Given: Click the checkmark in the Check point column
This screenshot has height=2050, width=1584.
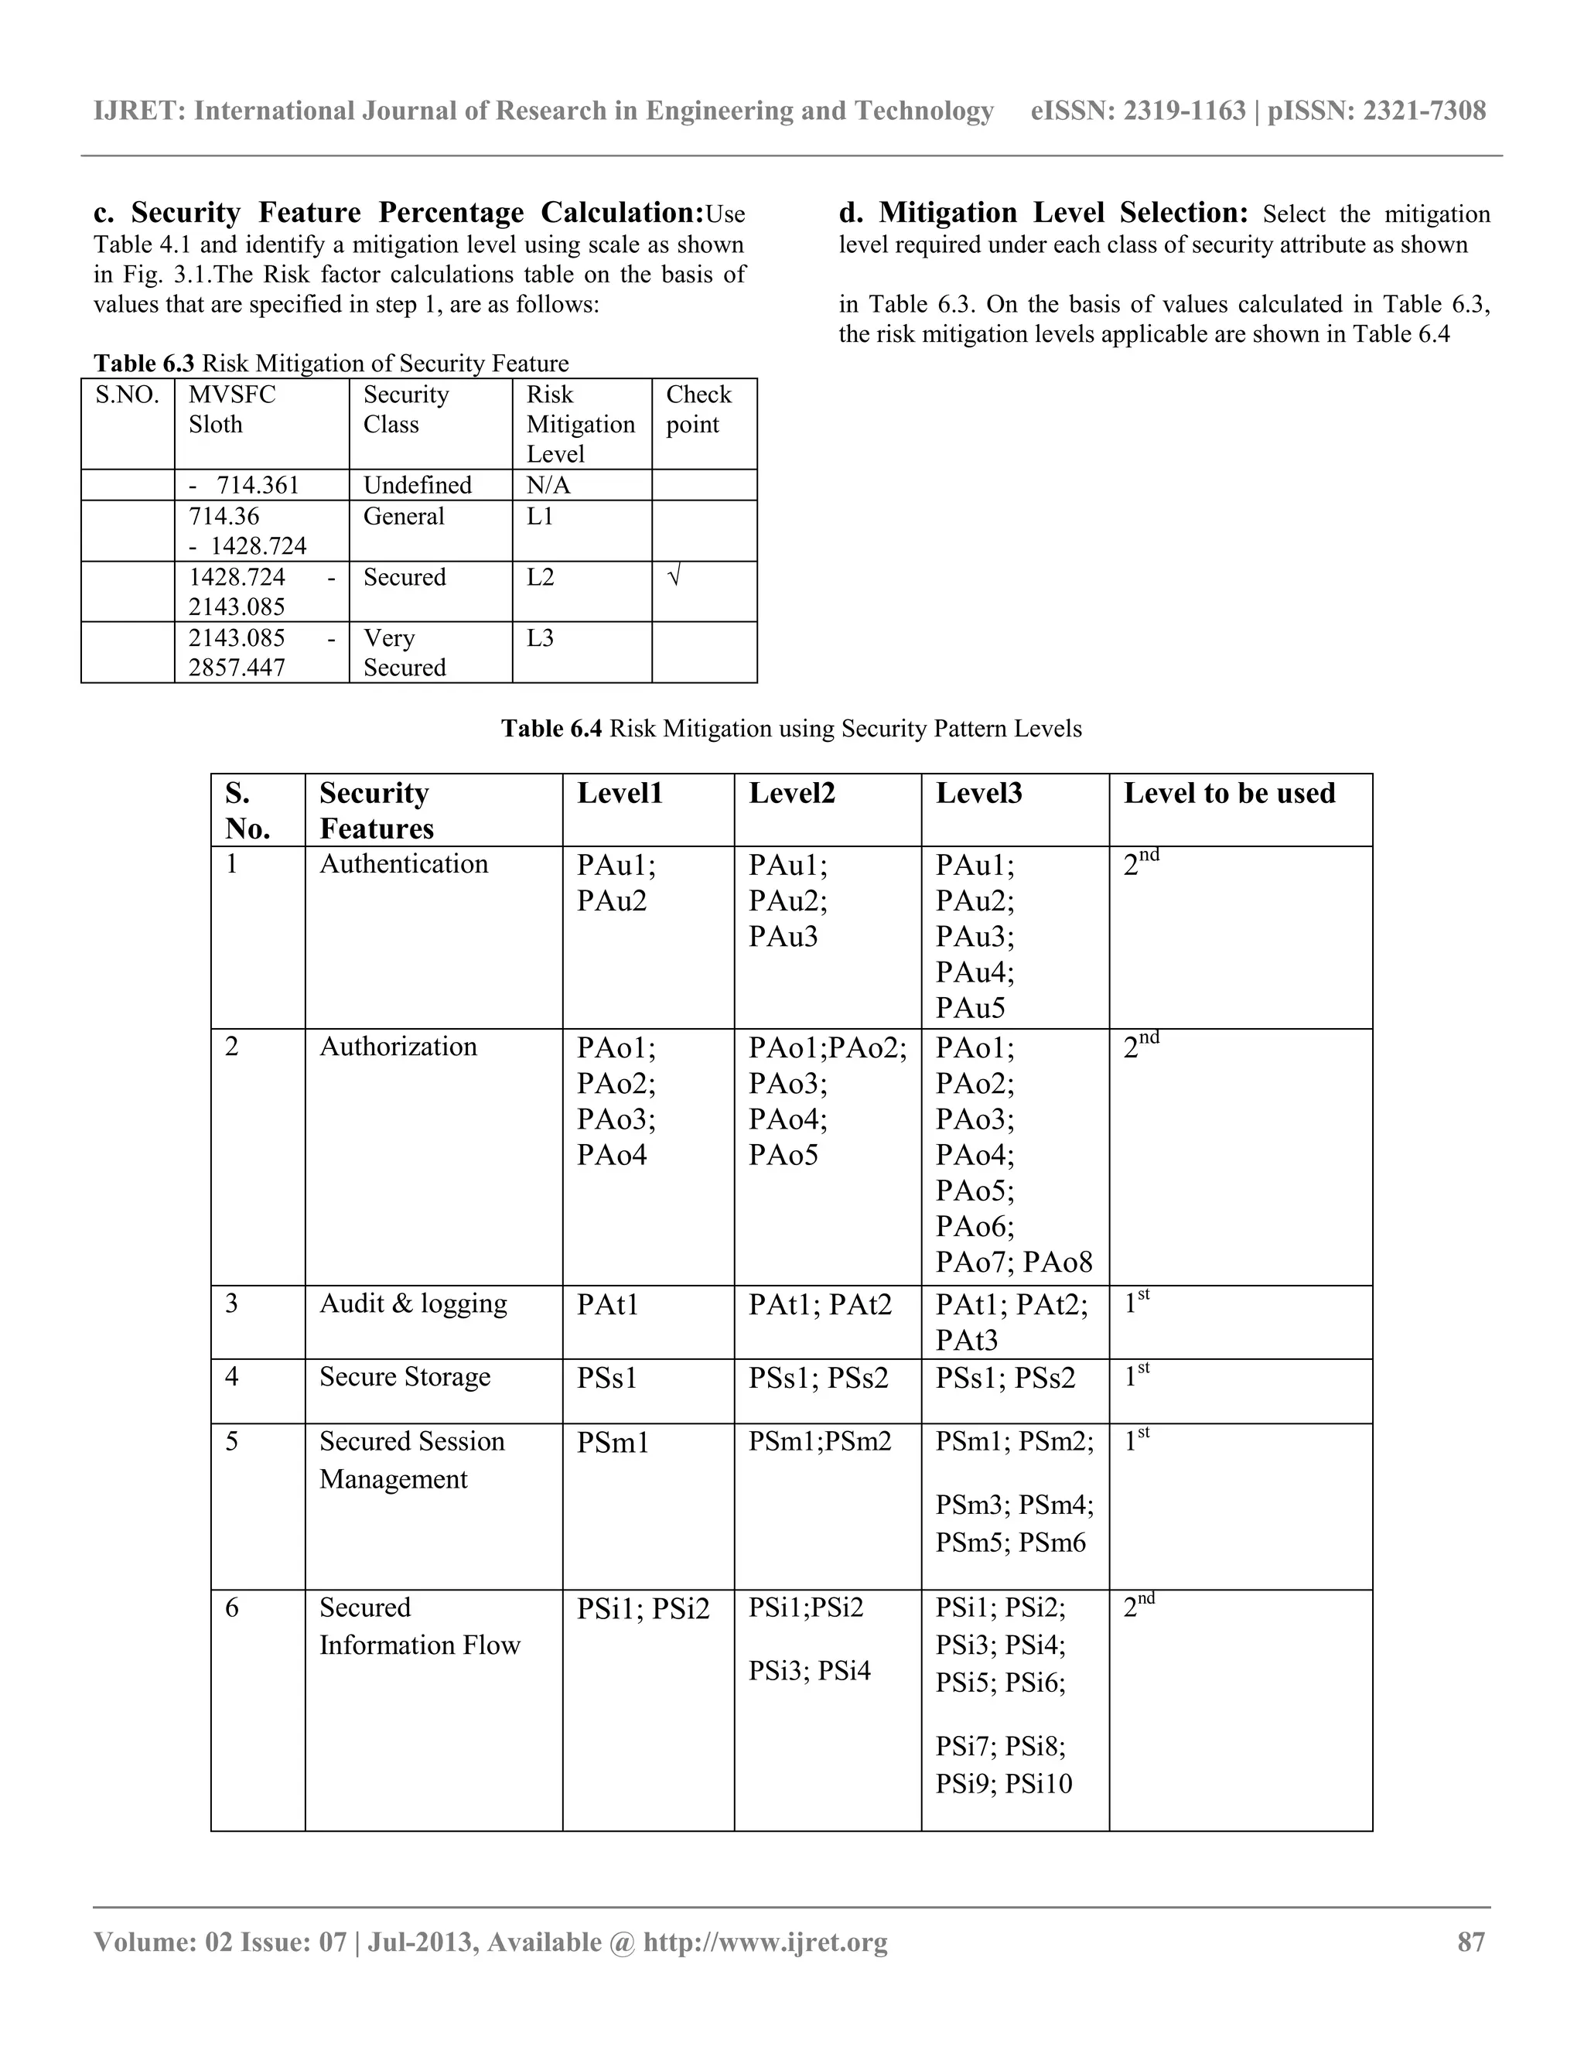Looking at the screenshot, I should [673, 577].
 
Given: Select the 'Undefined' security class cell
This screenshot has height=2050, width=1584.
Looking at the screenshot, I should [417, 485].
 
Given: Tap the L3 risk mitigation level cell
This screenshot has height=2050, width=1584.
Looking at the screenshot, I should [541, 638].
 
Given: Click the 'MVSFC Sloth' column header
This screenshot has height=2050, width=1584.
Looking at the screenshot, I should [232, 409].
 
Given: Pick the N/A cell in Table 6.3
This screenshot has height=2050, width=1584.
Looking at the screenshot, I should [548, 485].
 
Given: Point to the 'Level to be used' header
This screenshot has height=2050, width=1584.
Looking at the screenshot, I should [1228, 793].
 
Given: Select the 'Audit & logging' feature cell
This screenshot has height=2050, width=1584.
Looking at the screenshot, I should [413, 1303].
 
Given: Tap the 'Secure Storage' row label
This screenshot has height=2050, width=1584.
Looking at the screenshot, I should [405, 1376].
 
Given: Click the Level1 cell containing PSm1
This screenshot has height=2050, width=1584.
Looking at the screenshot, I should [613, 1442].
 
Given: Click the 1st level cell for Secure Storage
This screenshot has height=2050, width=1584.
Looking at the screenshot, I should [1135, 1377].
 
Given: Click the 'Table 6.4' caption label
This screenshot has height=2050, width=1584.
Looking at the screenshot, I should [551, 729].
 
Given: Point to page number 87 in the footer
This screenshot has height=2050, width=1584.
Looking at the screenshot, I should [1470, 1942].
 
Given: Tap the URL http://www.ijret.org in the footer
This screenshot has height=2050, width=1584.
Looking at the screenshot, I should [765, 1942].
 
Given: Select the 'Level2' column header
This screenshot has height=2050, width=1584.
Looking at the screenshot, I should [791, 793].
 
